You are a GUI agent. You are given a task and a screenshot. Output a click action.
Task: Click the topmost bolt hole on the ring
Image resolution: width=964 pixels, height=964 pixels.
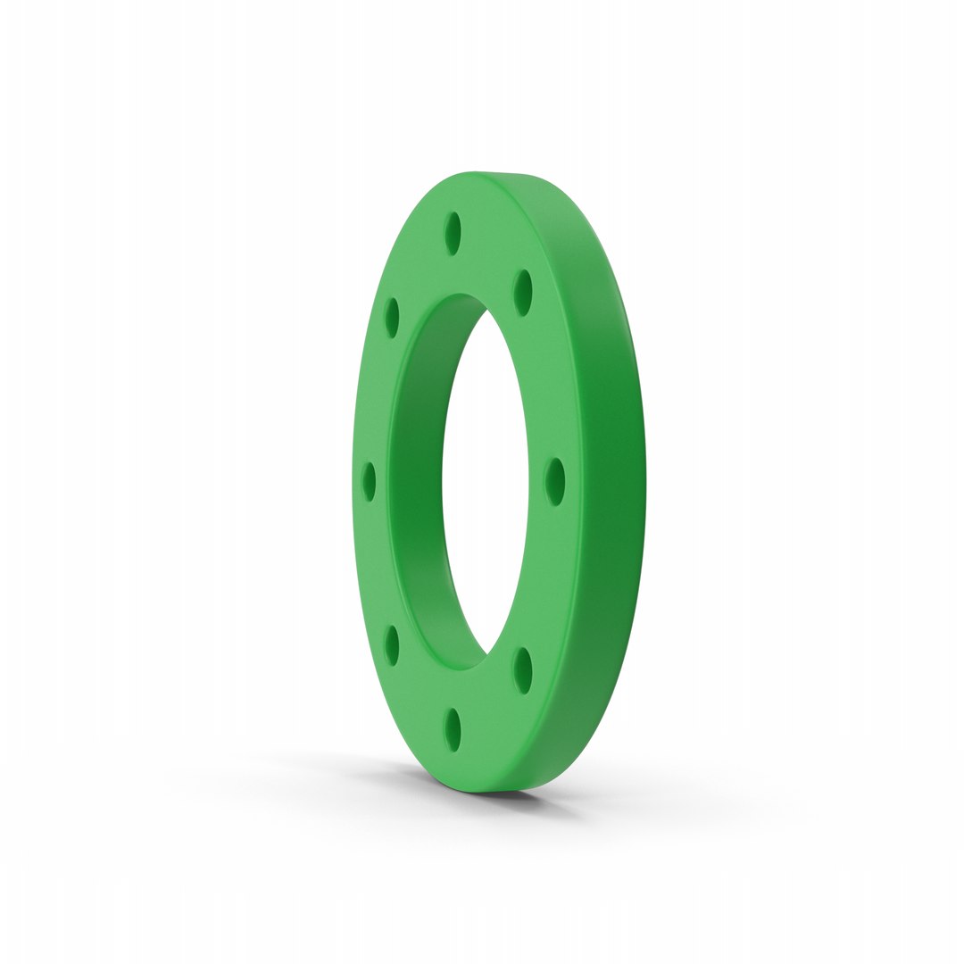click(453, 233)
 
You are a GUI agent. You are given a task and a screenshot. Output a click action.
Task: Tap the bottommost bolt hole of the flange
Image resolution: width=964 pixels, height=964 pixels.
click(453, 729)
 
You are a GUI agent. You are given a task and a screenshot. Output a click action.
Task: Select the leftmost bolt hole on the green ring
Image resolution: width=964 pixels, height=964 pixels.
click(369, 482)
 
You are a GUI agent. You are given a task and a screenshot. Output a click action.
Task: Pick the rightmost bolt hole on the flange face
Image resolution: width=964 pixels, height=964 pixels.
click(555, 482)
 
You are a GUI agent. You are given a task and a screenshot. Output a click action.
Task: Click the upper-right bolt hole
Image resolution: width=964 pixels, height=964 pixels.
click(523, 292)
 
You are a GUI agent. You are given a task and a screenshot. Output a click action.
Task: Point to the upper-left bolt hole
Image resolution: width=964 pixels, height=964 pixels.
click(391, 318)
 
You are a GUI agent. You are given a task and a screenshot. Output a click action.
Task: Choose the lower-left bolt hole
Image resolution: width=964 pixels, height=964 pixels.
click(391, 645)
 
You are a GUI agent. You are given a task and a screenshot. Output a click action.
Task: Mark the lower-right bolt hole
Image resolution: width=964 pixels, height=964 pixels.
click(523, 670)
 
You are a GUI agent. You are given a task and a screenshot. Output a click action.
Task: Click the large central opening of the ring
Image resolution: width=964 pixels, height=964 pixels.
click(486, 482)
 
